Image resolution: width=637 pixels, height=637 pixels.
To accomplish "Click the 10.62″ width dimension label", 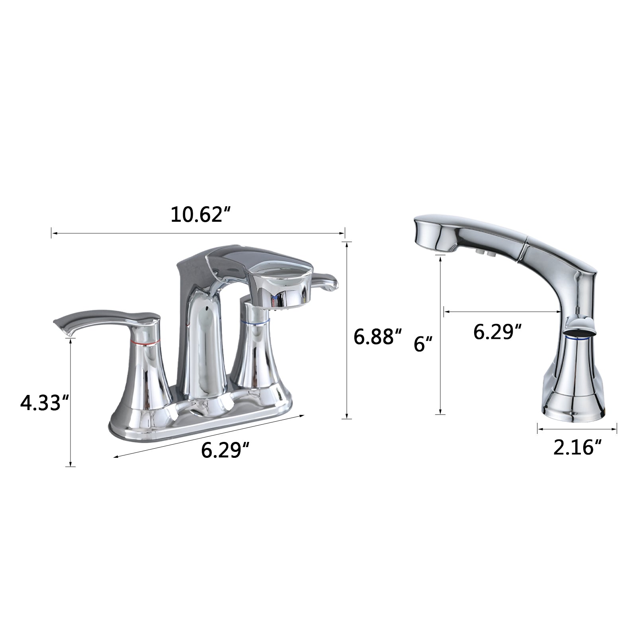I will pyautogui.click(x=201, y=215).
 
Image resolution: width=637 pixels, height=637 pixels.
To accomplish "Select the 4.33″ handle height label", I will pyautogui.click(x=45, y=403).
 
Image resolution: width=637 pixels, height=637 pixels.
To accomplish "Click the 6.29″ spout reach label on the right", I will pyautogui.click(x=497, y=331).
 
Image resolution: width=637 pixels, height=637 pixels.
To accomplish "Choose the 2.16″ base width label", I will pyautogui.click(x=577, y=448).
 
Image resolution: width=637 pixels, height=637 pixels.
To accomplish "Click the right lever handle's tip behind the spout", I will pyautogui.click(x=330, y=285).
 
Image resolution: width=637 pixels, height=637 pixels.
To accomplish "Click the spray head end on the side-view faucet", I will pyautogui.click(x=432, y=235).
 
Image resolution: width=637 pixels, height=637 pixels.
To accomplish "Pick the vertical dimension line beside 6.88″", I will pyautogui.click(x=348, y=330).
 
